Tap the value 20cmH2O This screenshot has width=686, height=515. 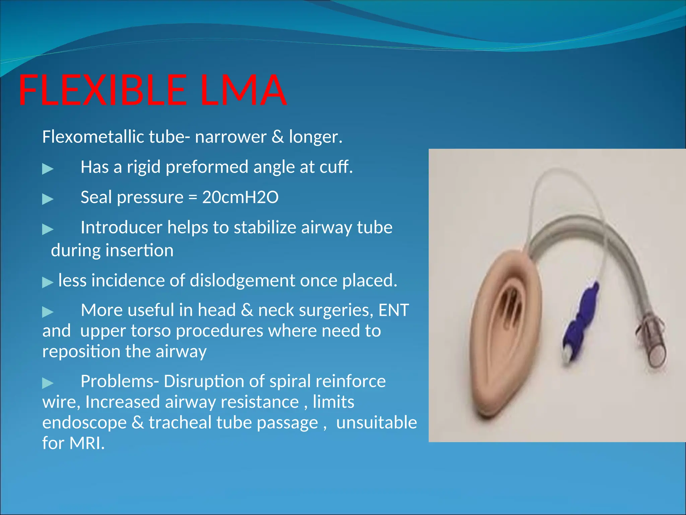(240, 197)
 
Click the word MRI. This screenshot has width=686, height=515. (87, 443)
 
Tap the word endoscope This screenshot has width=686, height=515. (84, 422)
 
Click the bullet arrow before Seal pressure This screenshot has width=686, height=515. (48, 199)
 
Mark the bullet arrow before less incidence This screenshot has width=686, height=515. (48, 282)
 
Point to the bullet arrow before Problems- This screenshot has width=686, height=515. (48, 383)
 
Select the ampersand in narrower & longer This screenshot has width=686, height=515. (277, 137)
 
